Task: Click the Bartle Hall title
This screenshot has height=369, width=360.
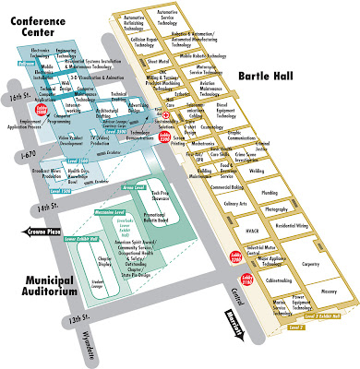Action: click(295, 73)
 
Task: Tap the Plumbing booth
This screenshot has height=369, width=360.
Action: click(270, 192)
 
